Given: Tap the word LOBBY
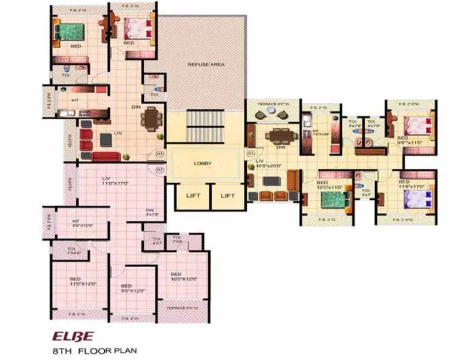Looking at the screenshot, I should pyautogui.click(x=202, y=164).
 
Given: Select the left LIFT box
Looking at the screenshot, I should pyautogui.click(x=193, y=196).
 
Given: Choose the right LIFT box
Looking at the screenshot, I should pyautogui.click(x=228, y=196).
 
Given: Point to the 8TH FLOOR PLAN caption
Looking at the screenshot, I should pyautogui.click(x=92, y=350).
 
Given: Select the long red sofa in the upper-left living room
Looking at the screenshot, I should pyautogui.click(x=105, y=156).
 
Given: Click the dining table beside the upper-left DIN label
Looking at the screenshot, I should pyautogui.click(x=150, y=117).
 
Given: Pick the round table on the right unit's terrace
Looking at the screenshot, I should pyautogui.click(x=273, y=113).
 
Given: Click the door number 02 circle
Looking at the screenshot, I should pyautogui.click(x=160, y=170).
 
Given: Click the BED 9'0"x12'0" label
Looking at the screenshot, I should pyautogui.click(x=127, y=288).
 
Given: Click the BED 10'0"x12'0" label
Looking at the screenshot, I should pyautogui.click(x=176, y=277).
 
